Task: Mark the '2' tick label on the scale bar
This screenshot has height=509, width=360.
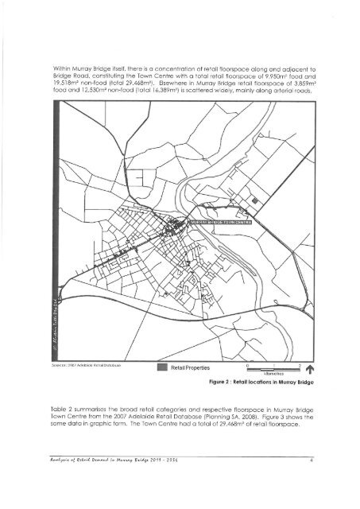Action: point(297,363)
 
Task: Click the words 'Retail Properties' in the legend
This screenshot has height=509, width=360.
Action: point(189,368)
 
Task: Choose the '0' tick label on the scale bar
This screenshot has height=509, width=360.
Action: point(248,363)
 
